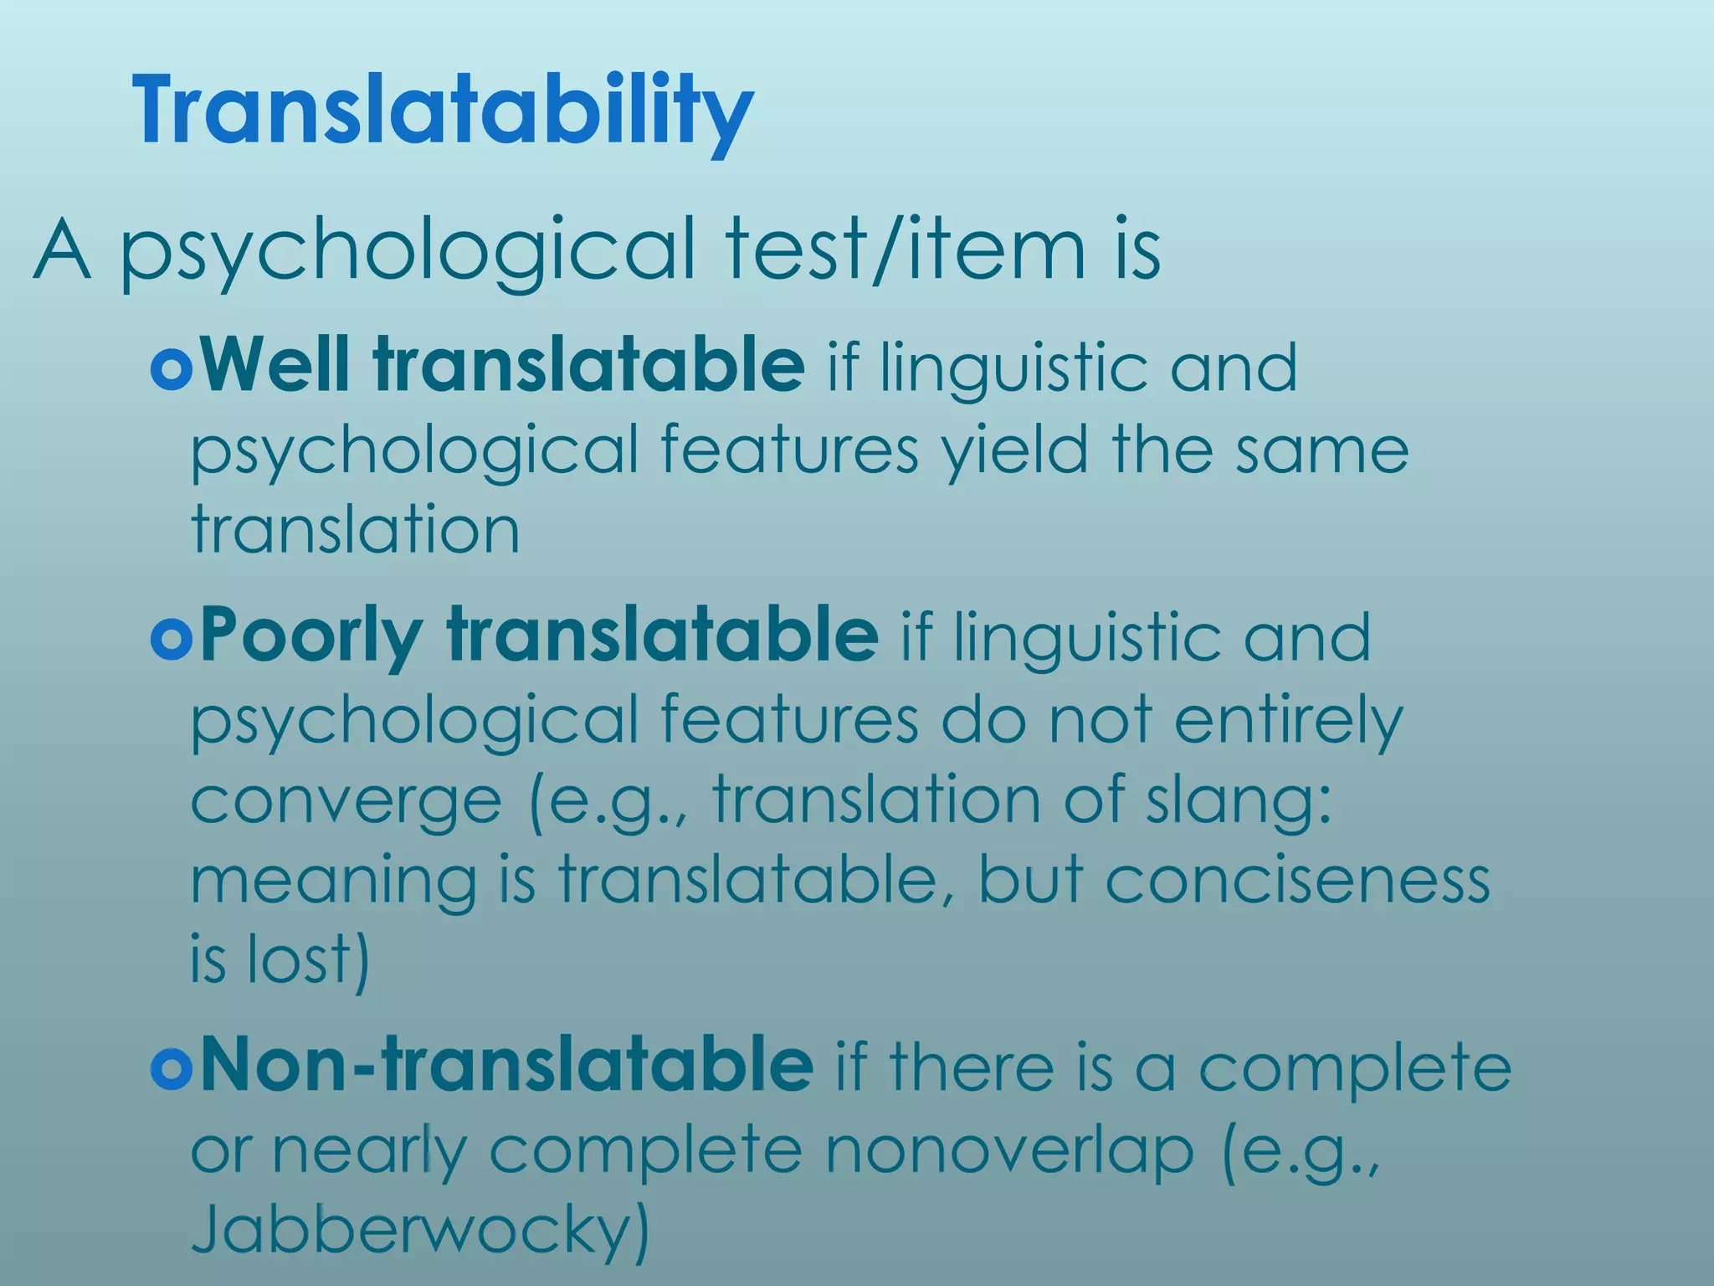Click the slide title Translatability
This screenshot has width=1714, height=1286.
point(443,111)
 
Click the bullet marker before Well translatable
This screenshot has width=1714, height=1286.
point(172,368)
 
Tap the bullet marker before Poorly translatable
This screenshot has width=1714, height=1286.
point(172,640)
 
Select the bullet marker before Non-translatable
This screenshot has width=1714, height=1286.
point(172,1068)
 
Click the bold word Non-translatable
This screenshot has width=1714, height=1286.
point(506,1065)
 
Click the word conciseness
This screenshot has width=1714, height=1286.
point(1297,881)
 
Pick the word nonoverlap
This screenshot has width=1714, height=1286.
point(1009,1150)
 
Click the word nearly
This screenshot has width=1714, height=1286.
point(368,1152)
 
